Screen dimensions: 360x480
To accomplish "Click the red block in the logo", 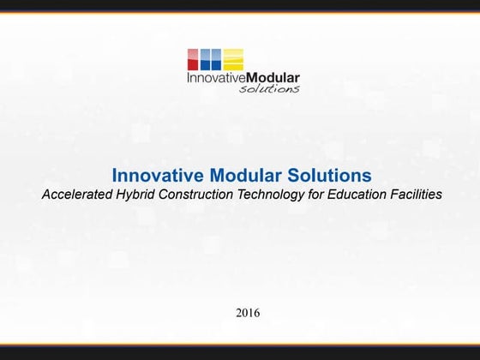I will (193, 59).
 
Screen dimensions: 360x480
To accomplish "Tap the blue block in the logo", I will (211, 59).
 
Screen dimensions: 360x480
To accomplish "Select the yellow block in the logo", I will (233, 59).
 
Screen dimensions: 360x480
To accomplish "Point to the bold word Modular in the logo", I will (270, 78).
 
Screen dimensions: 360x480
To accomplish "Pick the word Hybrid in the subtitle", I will (135, 195).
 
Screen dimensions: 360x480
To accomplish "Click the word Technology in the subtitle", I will (273, 195).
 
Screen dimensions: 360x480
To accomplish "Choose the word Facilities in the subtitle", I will (416, 195).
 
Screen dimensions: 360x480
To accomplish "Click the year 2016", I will (248, 313).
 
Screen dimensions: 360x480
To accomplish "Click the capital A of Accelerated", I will (46, 195).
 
